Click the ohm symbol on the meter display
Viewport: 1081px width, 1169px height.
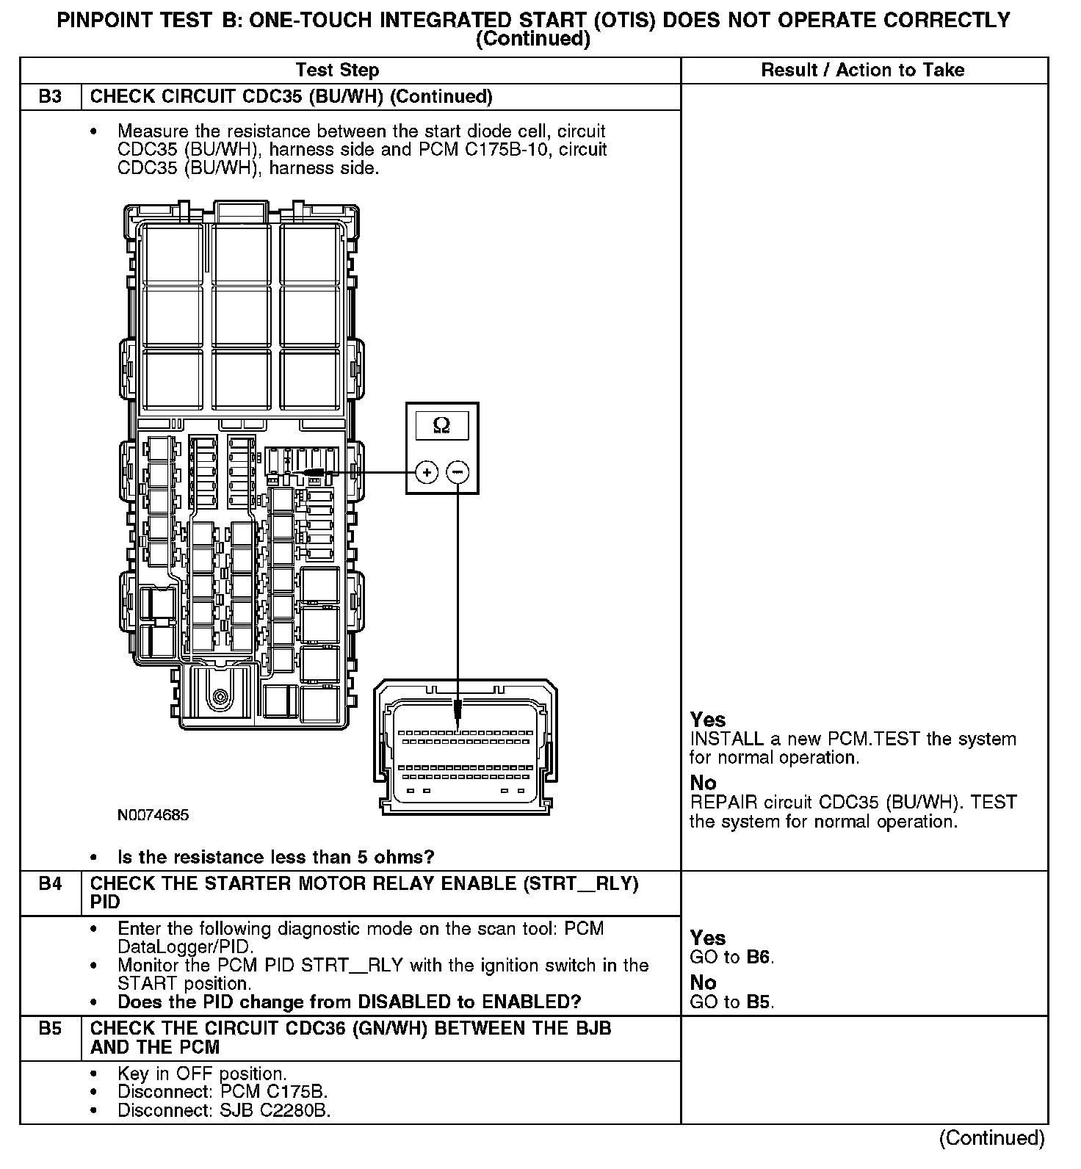[x=441, y=425]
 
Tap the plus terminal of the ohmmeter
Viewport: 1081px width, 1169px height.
[x=427, y=471]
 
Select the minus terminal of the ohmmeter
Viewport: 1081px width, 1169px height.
[x=458, y=471]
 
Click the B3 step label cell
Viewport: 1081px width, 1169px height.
[x=50, y=97]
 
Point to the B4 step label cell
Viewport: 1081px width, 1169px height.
[x=50, y=884]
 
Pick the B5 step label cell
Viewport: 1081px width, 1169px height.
[x=50, y=1029]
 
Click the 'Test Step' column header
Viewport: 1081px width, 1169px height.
[x=337, y=70]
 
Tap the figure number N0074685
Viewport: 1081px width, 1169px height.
[x=153, y=815]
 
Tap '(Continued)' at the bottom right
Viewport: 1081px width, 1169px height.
[x=991, y=1138]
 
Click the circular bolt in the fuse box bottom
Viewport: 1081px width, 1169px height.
[x=219, y=695]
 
